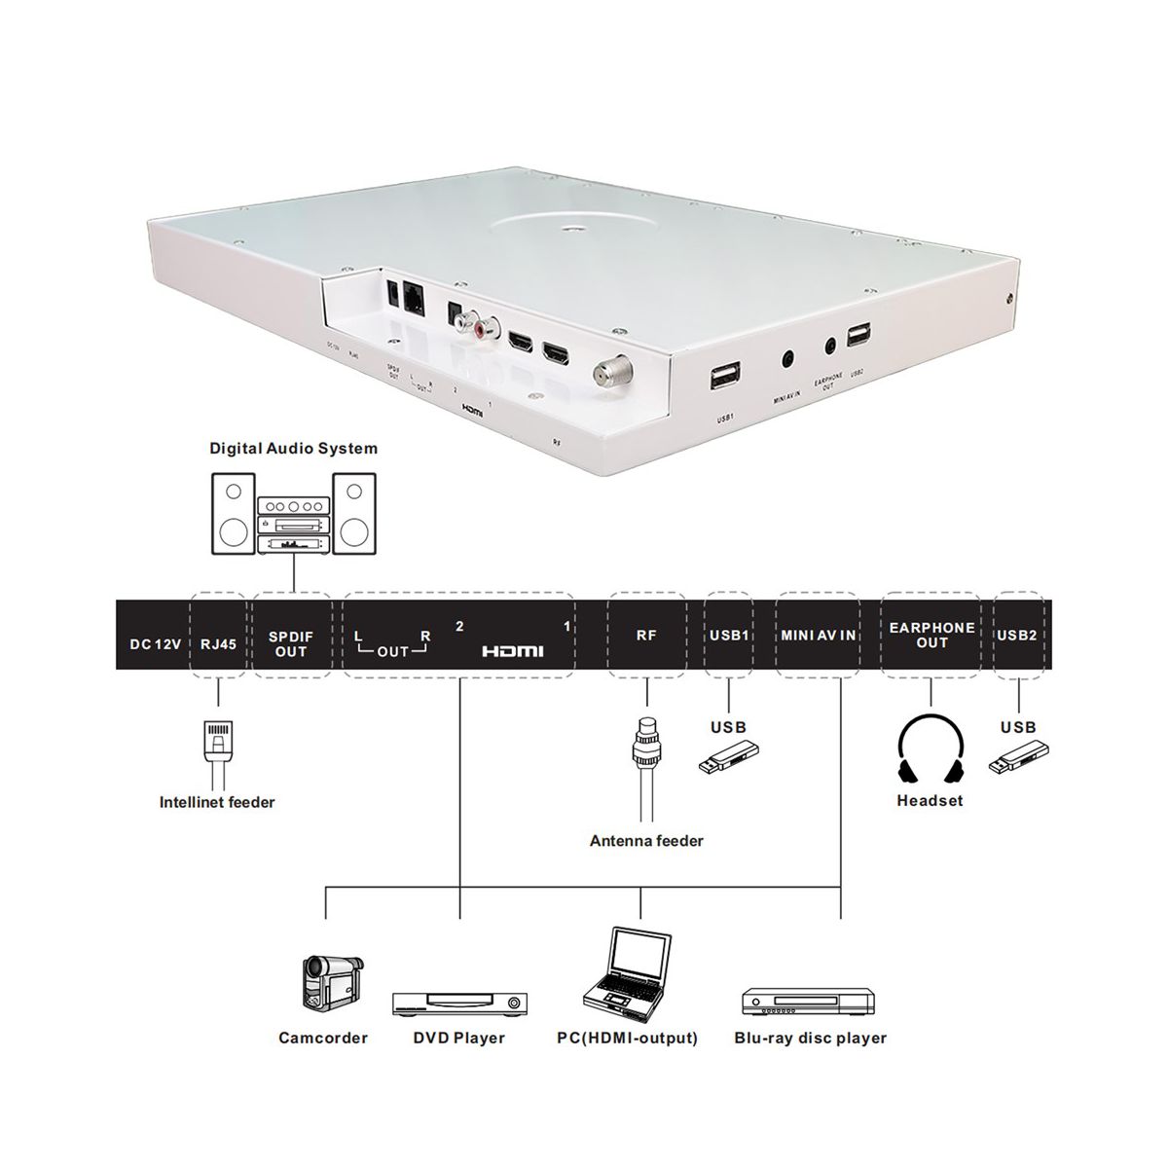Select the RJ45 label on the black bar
(218, 643)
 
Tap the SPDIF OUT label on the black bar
(290, 643)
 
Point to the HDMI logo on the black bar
(513, 650)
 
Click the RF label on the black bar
(646, 636)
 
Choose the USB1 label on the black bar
(729, 636)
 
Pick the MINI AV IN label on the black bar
(818, 636)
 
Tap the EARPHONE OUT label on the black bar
(931, 635)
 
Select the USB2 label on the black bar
(1017, 636)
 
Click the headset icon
(930, 750)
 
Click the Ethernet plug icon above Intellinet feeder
(218, 746)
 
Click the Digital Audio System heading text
(294, 449)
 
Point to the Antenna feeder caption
(646, 840)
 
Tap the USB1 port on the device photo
(727, 377)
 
